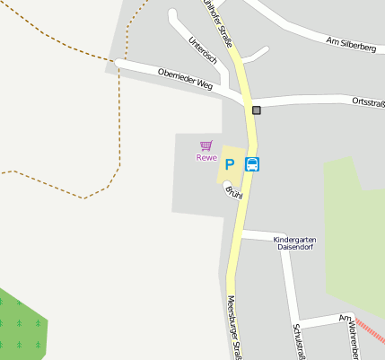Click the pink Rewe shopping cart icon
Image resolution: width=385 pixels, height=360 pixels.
point(206,145)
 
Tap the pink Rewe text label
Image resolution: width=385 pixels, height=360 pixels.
point(206,158)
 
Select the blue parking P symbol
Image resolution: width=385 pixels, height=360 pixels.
point(229,164)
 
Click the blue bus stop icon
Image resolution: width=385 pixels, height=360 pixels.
point(253,164)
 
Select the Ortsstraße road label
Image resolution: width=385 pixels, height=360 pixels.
point(368,101)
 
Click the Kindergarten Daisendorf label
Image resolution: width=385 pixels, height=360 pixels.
point(294,244)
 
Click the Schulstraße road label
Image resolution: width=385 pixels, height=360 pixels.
point(297,341)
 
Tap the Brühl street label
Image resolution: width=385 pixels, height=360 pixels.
point(233,192)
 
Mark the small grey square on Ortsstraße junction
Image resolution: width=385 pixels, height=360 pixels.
point(257,110)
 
